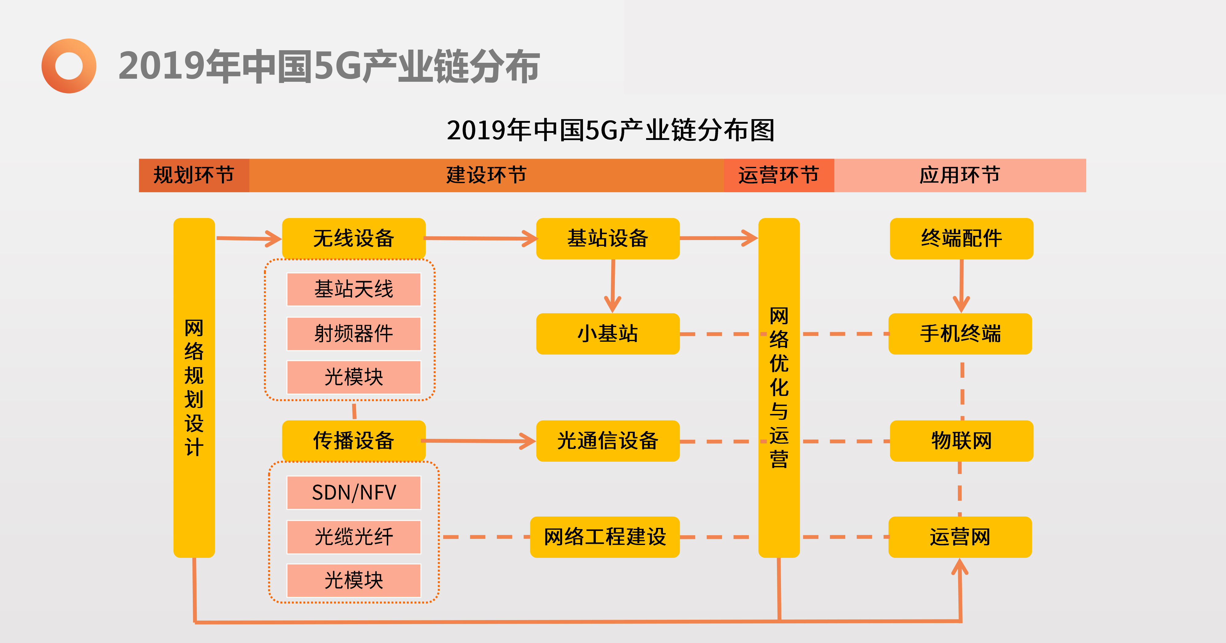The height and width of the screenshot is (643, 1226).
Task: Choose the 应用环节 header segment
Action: click(x=960, y=175)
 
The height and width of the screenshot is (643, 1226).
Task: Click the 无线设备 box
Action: click(x=354, y=238)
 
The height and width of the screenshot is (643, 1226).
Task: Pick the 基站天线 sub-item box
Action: click(x=354, y=289)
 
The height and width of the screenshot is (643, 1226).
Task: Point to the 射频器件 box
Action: click(x=354, y=333)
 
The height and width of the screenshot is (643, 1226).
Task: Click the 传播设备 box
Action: click(x=354, y=440)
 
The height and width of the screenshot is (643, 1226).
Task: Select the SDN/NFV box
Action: click(x=354, y=492)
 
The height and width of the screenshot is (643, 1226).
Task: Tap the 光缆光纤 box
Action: click(x=354, y=536)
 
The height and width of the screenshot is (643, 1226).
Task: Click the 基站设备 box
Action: click(x=608, y=238)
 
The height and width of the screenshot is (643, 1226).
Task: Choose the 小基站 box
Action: click(x=608, y=333)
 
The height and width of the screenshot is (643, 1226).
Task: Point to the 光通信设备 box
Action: click(x=608, y=440)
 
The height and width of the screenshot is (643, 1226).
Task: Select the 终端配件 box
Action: click(x=961, y=238)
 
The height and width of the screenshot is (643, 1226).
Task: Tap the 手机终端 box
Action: click(x=960, y=333)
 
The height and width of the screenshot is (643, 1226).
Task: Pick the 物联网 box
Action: click(x=961, y=440)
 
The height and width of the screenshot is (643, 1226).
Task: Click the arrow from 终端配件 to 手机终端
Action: click(x=961, y=285)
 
